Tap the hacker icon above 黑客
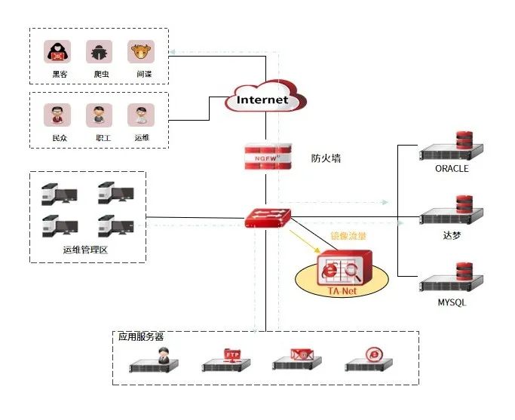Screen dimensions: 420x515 coord(57,51)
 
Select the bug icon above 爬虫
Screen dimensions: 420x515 coord(99,51)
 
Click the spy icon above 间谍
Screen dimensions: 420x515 coord(140,51)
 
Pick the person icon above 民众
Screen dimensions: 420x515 coord(57,115)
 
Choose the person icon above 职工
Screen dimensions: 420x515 coord(99,115)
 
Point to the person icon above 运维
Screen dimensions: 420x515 coord(140,115)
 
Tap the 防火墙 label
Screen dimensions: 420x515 coord(326,158)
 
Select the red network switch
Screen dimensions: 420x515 coord(267,219)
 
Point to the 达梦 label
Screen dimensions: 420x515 coord(452,235)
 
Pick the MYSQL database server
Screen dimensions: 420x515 coord(451,278)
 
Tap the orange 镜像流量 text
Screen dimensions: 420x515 coord(348,236)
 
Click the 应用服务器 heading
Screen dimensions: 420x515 coord(141,336)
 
